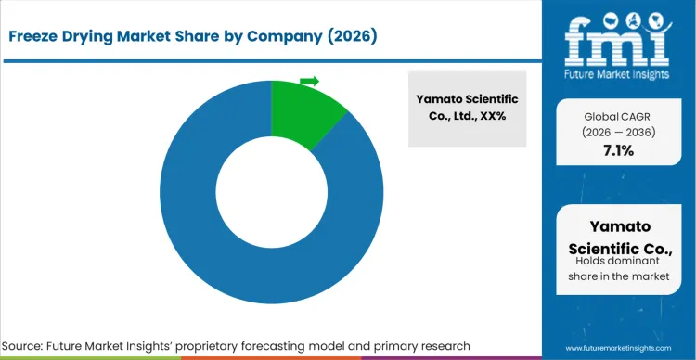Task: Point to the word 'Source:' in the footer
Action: (32, 345)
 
